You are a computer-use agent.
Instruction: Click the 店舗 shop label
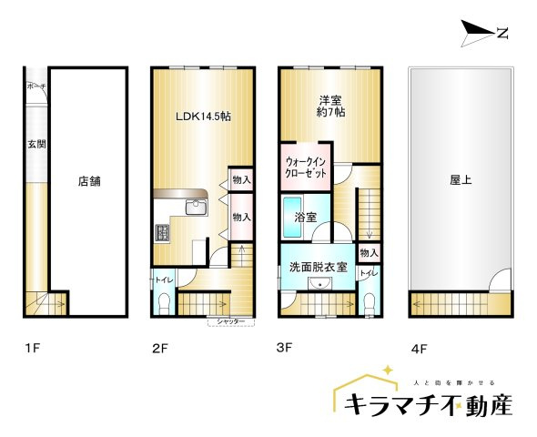[88, 180]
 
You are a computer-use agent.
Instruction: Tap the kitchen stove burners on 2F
[163, 232]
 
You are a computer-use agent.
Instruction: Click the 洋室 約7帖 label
[330, 107]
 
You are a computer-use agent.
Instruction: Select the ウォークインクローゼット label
[304, 167]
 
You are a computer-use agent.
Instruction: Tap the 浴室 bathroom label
[305, 218]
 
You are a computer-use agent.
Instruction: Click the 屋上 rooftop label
[461, 180]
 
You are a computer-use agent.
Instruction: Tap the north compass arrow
[483, 34]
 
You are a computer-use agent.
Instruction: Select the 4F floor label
[419, 348]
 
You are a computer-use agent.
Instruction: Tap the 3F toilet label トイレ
[368, 273]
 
